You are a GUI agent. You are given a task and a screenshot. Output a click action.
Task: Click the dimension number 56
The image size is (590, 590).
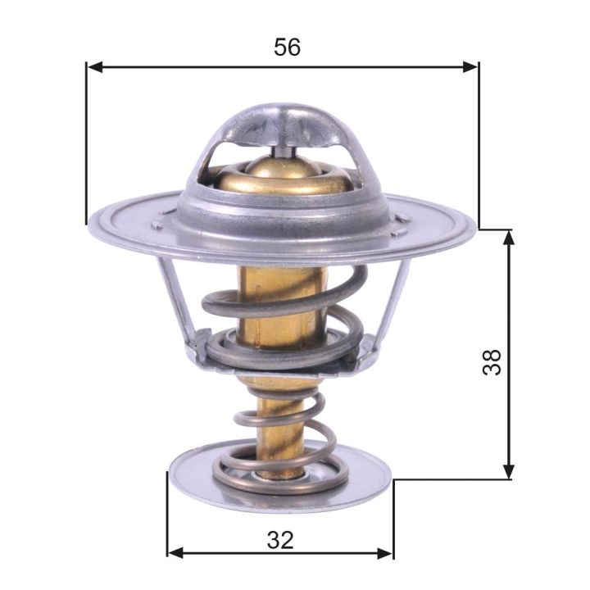pyautogui.click(x=287, y=48)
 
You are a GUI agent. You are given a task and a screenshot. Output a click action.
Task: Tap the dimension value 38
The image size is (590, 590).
pyautogui.click(x=492, y=361)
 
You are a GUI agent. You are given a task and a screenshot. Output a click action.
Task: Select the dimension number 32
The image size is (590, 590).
pyautogui.click(x=279, y=539)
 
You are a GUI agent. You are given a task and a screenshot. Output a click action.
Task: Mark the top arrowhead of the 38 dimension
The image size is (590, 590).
pyautogui.click(x=509, y=237)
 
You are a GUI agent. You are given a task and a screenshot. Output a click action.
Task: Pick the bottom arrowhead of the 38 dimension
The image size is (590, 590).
pyautogui.click(x=509, y=472)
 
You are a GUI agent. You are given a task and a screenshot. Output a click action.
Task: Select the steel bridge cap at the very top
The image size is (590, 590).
pyautogui.click(x=283, y=123)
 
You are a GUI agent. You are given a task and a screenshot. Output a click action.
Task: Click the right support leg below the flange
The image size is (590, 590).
pyautogui.click(x=395, y=295)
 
